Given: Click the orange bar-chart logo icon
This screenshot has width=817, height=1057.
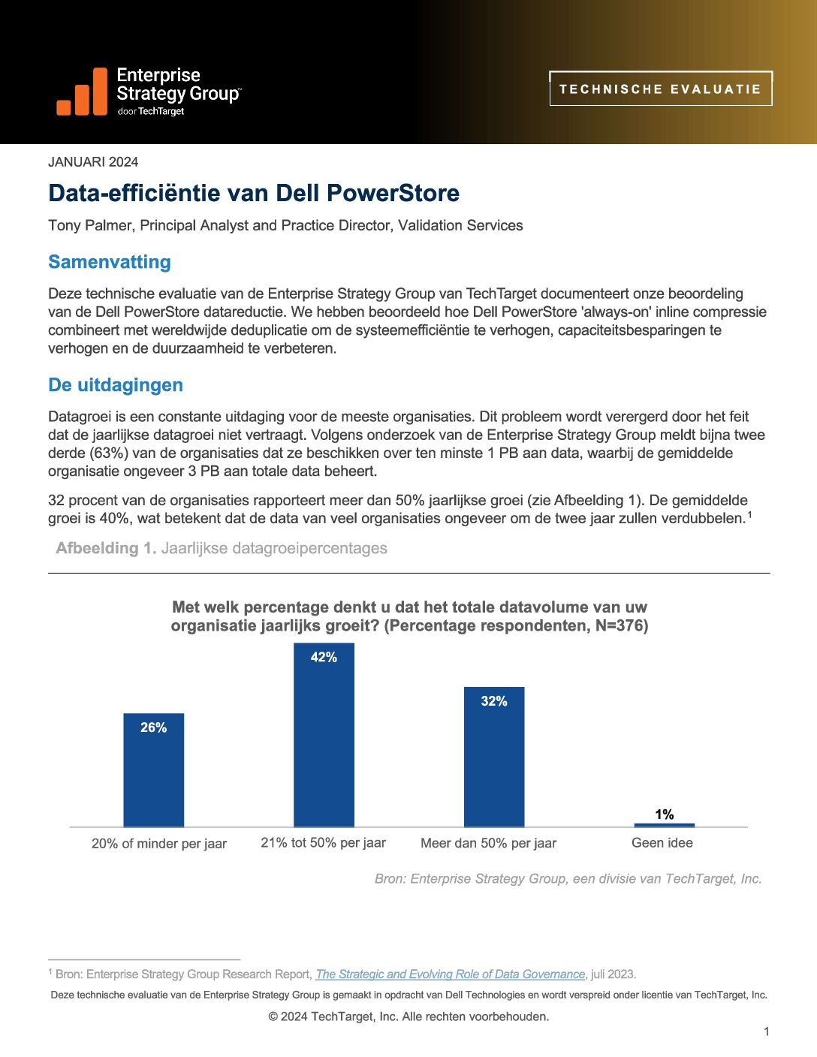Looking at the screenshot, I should point(82,93).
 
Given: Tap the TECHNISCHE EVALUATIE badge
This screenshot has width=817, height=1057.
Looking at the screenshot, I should point(660,89).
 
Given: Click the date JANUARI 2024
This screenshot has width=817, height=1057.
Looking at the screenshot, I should point(93,162).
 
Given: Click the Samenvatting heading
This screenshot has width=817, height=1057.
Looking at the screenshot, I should point(110,262).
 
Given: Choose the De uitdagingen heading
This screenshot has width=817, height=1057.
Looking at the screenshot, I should point(116,385).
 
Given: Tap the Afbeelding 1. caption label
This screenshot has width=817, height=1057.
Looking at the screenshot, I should point(106,548).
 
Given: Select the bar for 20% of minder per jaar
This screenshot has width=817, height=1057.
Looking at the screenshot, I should point(153,773).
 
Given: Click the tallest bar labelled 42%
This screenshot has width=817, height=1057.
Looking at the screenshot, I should point(324,736).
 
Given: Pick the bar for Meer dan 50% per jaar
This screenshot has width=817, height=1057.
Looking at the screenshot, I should point(494,758).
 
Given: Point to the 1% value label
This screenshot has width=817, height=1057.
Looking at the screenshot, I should point(665,815).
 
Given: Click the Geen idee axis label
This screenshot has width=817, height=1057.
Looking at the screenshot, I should point(662,843).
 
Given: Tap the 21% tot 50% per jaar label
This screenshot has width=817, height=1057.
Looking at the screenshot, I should point(323,843).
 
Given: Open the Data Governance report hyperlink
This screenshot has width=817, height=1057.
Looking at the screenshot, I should point(451,974).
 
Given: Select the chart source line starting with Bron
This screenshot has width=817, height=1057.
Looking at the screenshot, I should point(568,879).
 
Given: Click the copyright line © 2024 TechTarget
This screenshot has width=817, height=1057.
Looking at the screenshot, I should point(408,1016).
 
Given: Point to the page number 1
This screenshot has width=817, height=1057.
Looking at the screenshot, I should point(766,1032).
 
